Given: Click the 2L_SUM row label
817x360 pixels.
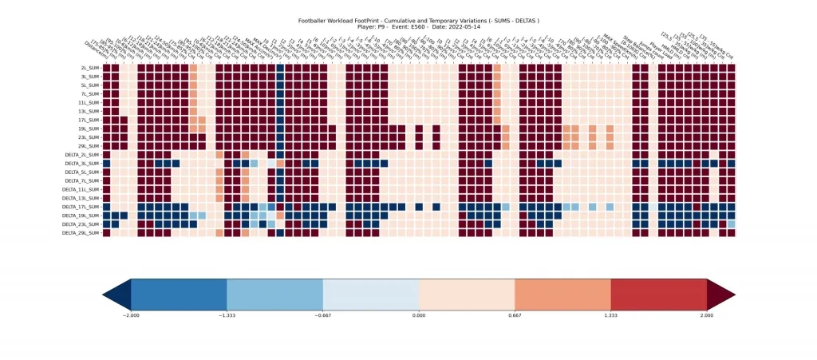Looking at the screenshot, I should (89, 68).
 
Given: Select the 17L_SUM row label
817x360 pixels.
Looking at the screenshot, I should (89, 120).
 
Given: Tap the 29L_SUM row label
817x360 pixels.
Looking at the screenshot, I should (89, 146).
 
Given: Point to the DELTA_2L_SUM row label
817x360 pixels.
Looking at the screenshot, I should (83, 155).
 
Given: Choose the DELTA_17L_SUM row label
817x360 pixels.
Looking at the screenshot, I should (82, 207).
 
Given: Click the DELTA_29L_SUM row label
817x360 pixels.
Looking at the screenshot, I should (82, 233).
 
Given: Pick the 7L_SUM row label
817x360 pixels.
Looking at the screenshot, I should (89, 93).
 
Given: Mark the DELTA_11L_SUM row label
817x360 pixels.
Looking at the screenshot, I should (82, 189).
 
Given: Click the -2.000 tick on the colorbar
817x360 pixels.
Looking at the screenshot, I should (131, 316).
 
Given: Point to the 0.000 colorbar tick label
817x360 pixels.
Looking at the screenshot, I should (419, 316).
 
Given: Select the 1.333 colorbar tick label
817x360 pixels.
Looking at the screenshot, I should (611, 316).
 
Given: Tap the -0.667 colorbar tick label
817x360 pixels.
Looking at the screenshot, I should (323, 316).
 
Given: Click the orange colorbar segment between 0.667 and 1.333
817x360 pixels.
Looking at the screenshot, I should (562, 295).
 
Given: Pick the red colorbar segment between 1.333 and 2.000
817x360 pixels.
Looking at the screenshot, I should (659, 295).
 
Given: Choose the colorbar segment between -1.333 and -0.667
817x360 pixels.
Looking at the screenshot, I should (274, 295).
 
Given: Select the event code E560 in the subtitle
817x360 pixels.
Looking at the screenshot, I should (422, 26).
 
